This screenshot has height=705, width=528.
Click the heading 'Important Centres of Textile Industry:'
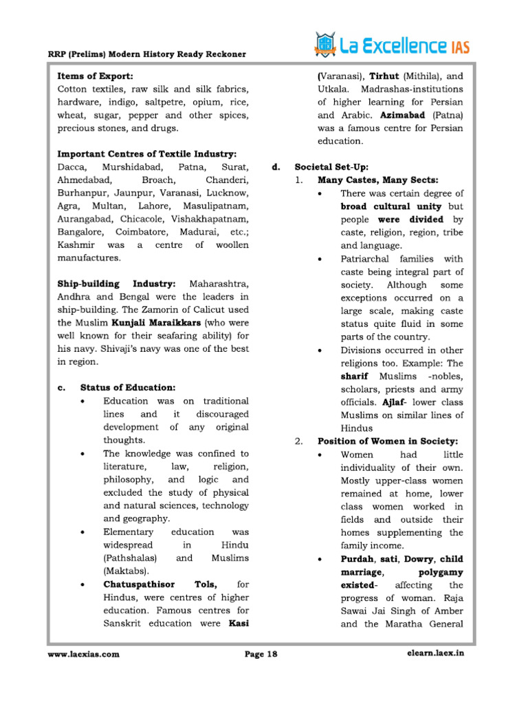[x=147, y=154]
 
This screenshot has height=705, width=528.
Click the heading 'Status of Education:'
[x=127, y=388]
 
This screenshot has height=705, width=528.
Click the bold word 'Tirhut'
[x=385, y=76]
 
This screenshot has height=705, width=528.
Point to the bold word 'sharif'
[x=355, y=376]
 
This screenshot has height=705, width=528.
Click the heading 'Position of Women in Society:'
[x=387, y=441]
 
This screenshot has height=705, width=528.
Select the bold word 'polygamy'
[x=439, y=572]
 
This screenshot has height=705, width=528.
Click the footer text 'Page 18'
[x=261, y=655]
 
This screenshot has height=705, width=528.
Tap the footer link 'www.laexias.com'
[x=83, y=655]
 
